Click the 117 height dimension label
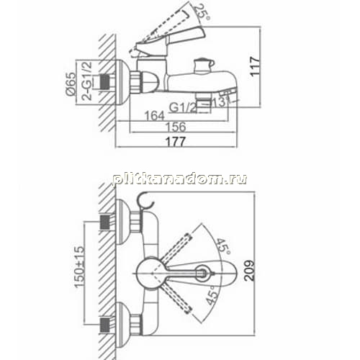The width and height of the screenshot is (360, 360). click(254, 67)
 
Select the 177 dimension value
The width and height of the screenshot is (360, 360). click(176, 142)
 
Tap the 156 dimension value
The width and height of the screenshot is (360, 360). click(176, 127)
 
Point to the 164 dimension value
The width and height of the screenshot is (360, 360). click(155, 116)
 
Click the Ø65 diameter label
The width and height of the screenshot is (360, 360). click(71, 84)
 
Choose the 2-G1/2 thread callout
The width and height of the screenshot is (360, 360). click(86, 81)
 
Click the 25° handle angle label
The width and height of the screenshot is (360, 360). click(202, 12)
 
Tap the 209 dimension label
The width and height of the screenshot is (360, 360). click(249, 270)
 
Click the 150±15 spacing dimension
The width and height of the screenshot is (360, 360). click(79, 266)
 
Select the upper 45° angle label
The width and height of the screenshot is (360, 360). click(223, 246)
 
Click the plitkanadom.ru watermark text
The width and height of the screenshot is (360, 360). click(180, 179)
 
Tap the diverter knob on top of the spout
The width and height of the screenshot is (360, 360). click(204, 65)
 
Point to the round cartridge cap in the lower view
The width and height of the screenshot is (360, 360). click(152, 273)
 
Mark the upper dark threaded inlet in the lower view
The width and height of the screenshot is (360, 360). click(105, 222)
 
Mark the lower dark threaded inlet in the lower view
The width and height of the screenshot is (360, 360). click(105, 325)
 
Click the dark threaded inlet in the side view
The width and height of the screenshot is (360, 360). click(105, 82)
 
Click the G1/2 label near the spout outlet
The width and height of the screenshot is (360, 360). click(183, 107)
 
